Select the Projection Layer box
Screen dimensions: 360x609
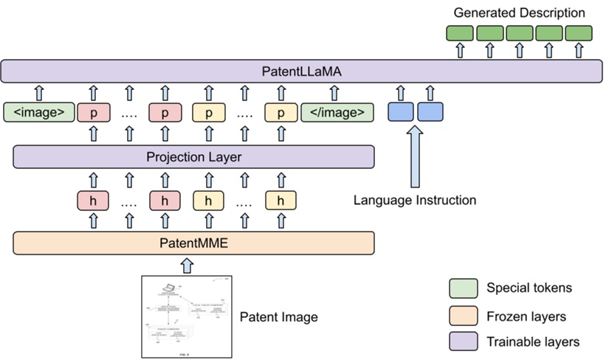[x=194, y=157]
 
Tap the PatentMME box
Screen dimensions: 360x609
[x=194, y=242]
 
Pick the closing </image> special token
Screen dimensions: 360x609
[x=337, y=113]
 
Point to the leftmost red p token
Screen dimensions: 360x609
[x=93, y=113]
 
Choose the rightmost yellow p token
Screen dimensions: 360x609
[x=281, y=113]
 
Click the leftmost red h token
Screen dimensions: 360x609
[x=93, y=200]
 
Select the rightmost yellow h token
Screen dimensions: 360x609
[x=281, y=200]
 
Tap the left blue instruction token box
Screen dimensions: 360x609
[x=401, y=112]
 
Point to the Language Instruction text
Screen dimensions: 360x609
[x=414, y=200]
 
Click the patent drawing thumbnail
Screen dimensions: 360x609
[x=187, y=316]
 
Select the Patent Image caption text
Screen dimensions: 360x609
[x=279, y=317]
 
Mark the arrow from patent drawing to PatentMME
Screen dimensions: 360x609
[x=187, y=264]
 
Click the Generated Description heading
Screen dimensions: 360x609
[x=519, y=13]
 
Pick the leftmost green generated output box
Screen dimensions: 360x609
[x=460, y=33]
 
